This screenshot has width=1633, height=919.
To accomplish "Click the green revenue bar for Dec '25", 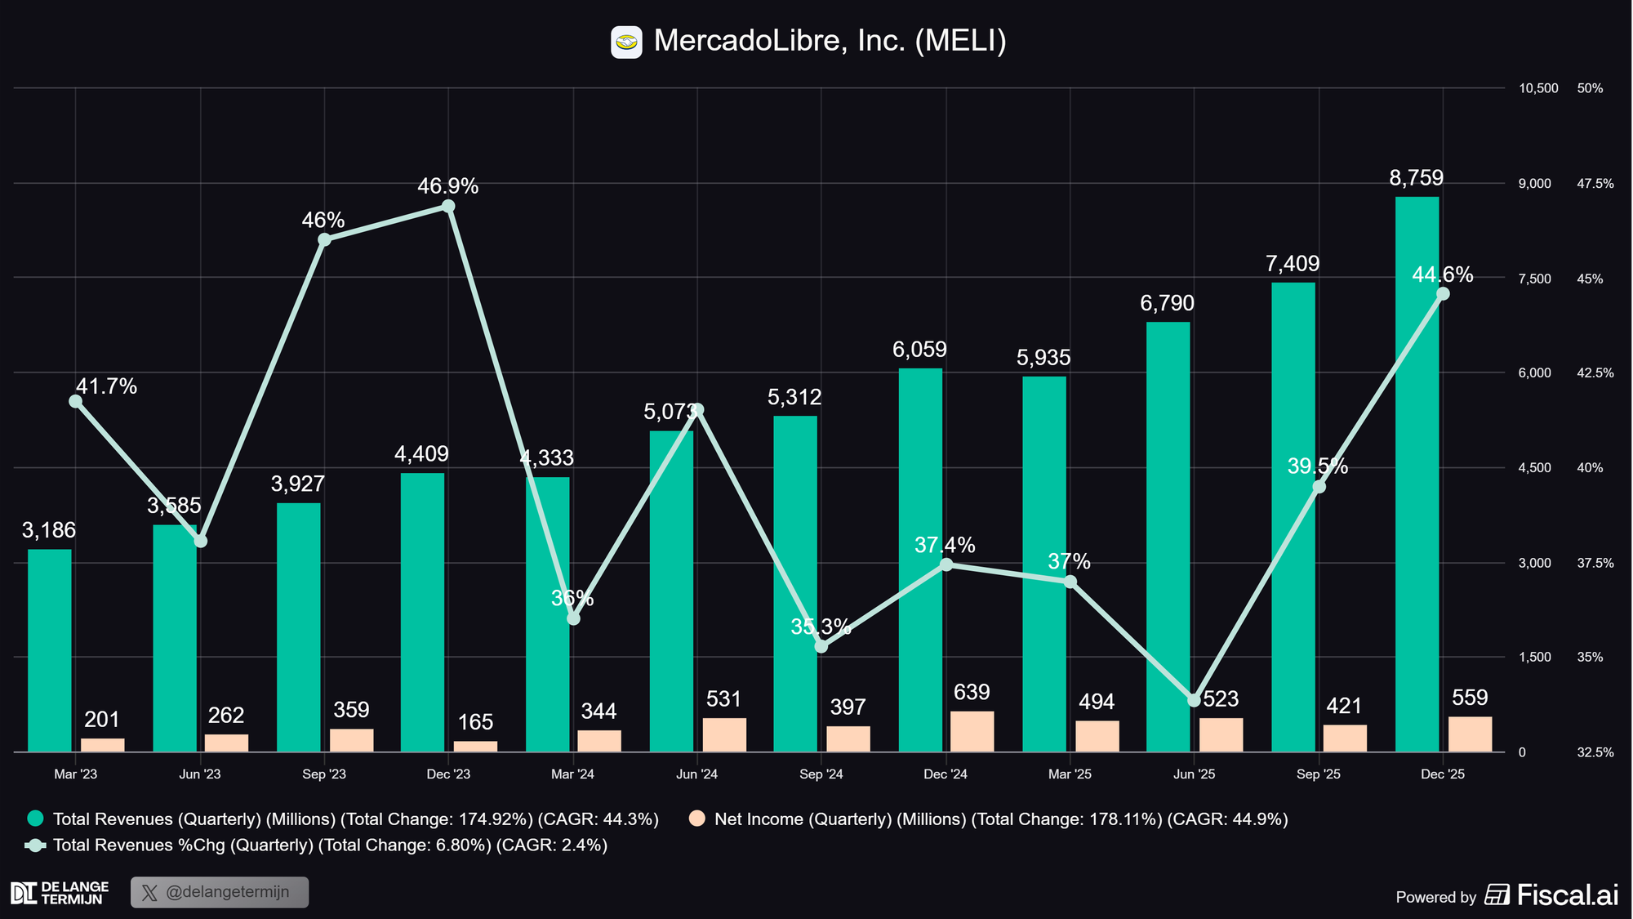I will coord(1417,474).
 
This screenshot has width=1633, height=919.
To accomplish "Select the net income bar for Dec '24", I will coord(972,731).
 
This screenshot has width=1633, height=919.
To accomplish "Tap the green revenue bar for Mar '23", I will coord(50,650).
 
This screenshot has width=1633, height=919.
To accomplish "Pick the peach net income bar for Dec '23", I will coord(475,746).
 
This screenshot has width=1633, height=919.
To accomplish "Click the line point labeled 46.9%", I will coord(448,206).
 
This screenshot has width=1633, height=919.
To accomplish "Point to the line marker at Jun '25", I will coord(1194,700).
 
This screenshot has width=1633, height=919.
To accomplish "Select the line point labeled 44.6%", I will coord(1443,294).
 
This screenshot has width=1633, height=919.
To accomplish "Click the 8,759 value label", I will coord(1417,178).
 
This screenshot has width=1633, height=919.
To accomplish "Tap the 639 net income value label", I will coord(972,693).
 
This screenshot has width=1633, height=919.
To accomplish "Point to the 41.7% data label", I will coord(106,386).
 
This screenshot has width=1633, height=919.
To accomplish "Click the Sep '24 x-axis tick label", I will coord(821,774).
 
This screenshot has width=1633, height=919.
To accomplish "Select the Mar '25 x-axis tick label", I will coord(1070,774).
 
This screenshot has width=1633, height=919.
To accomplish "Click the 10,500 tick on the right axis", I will coord(1538,88).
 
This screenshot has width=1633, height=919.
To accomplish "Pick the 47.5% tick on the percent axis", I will coord(1595,184).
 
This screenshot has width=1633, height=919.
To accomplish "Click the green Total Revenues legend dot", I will coord(35,819).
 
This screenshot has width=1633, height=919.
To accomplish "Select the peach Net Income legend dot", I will coord(696,819).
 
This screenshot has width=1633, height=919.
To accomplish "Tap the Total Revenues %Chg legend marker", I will coord(35,845).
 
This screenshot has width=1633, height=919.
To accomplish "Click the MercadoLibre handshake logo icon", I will coord(626,42).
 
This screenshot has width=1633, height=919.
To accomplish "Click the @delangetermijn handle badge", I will coord(220,892).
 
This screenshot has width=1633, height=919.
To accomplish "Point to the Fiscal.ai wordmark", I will coord(1567,895).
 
